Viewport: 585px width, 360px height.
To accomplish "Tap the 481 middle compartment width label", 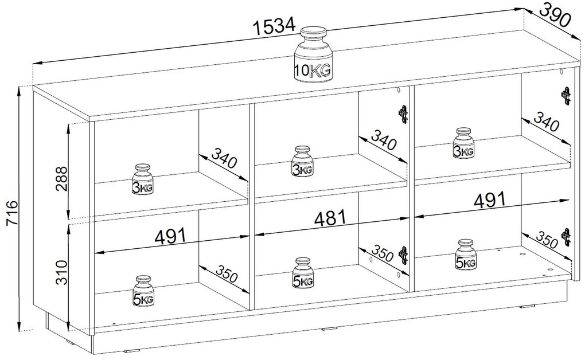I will coord(330,218).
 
